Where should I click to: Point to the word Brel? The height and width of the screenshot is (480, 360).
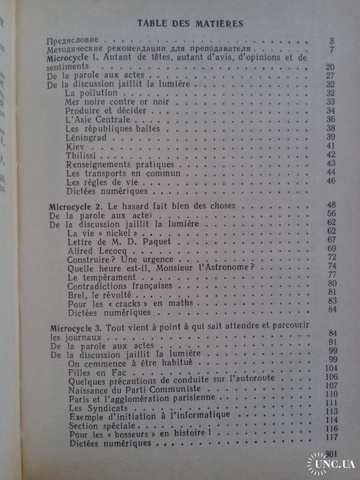pyautogui.click(x=76, y=295)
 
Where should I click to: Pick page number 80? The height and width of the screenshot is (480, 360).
pyautogui.click(x=332, y=283)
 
